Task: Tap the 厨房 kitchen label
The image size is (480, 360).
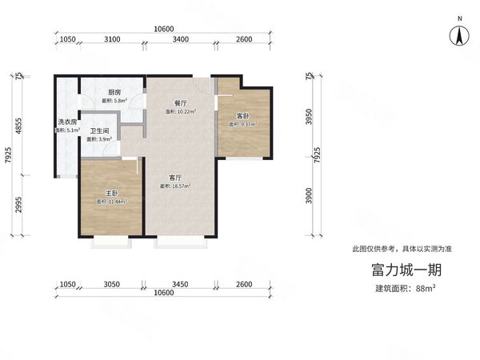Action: coord(116,92)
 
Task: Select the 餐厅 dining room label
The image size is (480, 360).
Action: coord(181,103)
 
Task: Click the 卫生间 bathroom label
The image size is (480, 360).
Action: coord(99,131)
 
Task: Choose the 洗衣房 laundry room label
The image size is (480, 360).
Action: coord(66,122)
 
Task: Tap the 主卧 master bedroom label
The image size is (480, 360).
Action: coord(112,193)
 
